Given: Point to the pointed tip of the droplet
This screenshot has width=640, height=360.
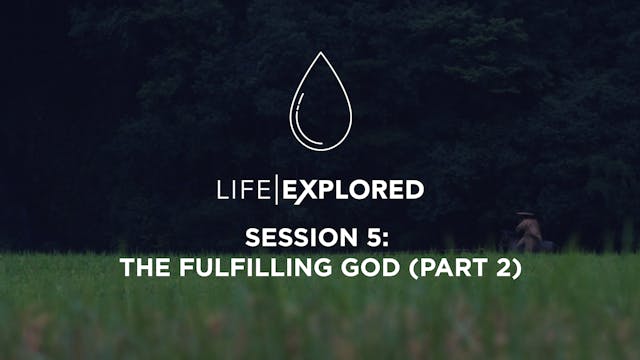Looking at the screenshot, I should click(x=319, y=56).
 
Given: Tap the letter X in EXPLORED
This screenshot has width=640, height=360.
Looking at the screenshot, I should click(x=306, y=190).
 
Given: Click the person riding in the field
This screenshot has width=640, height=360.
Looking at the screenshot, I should click(x=526, y=233).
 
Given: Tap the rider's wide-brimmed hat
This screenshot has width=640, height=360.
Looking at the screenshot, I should click(x=524, y=213).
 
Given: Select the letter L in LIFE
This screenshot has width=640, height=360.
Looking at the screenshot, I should click(x=222, y=190).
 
